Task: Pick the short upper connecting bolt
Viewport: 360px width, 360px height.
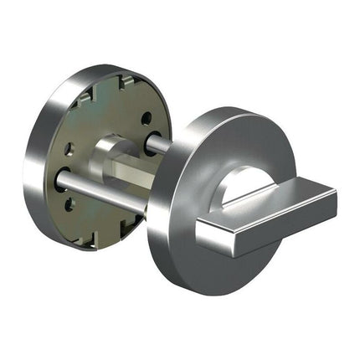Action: coord(158,143)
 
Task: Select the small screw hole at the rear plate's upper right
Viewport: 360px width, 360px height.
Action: coord(146,118)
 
